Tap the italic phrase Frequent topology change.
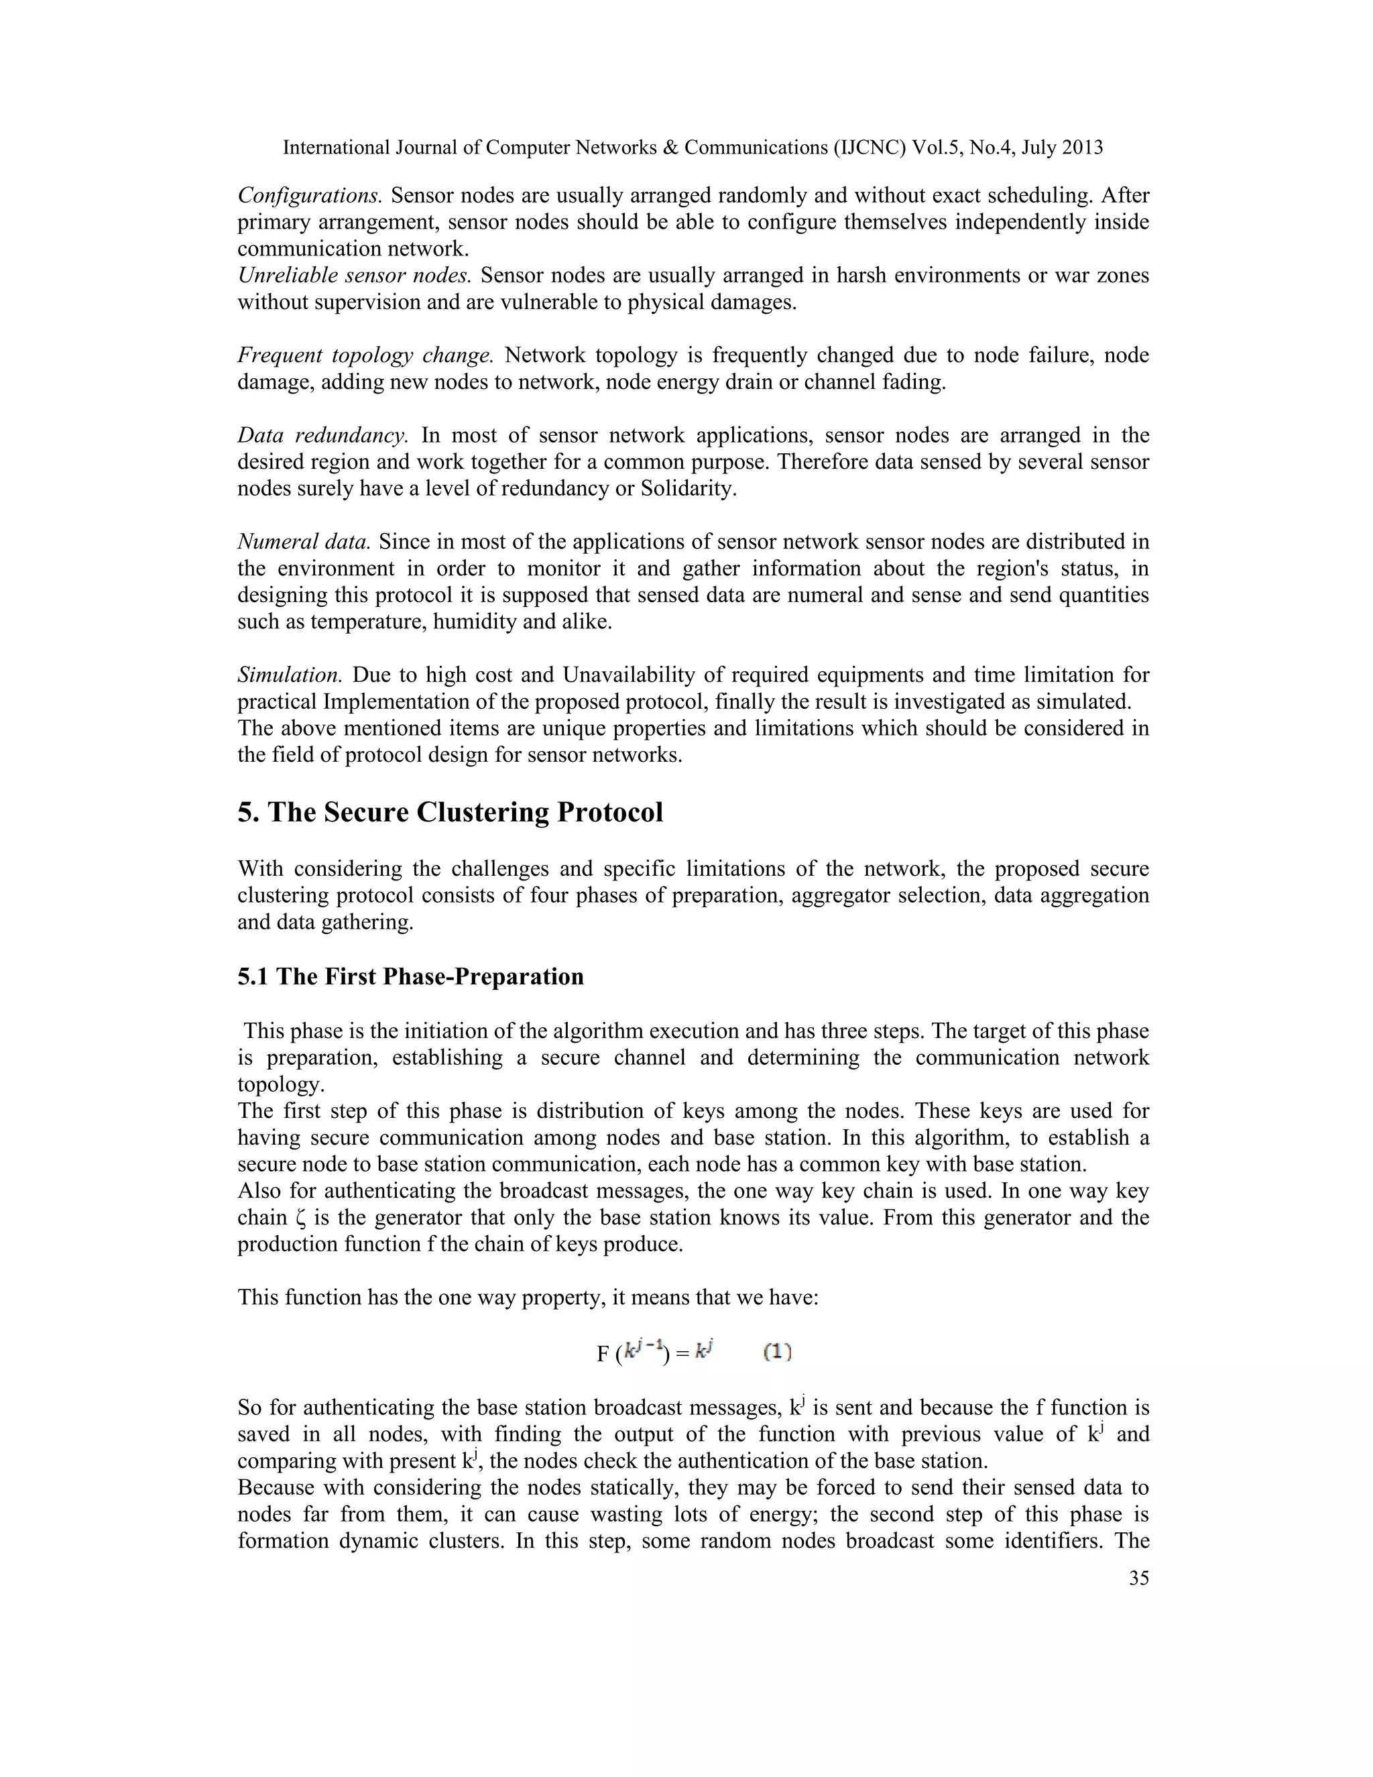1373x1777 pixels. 365,355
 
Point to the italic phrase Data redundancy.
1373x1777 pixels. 322,435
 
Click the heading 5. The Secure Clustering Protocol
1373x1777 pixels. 450,812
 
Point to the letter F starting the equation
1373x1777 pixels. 603,1354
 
